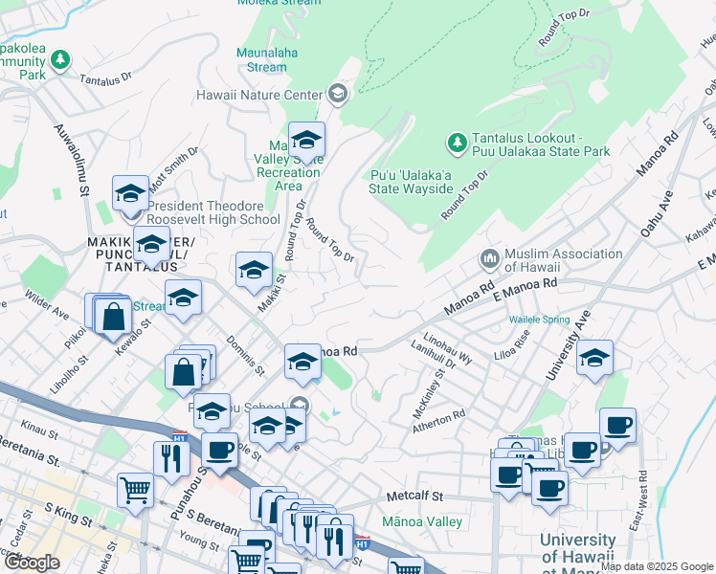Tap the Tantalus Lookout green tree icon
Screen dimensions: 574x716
click(x=457, y=143)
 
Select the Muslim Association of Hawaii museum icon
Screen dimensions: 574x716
click(x=489, y=259)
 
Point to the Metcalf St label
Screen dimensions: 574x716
click(x=415, y=497)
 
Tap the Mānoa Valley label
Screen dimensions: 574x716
click(x=422, y=521)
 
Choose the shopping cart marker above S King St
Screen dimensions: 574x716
click(x=136, y=490)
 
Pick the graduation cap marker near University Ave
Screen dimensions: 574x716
click(x=594, y=358)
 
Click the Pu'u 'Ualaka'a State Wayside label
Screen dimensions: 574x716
click(x=411, y=182)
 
